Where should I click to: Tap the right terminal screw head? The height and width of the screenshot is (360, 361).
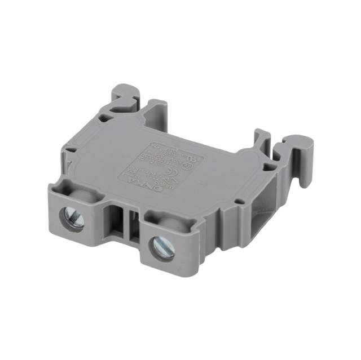(162, 247)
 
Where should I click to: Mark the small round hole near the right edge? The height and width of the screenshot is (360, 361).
(238, 201)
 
